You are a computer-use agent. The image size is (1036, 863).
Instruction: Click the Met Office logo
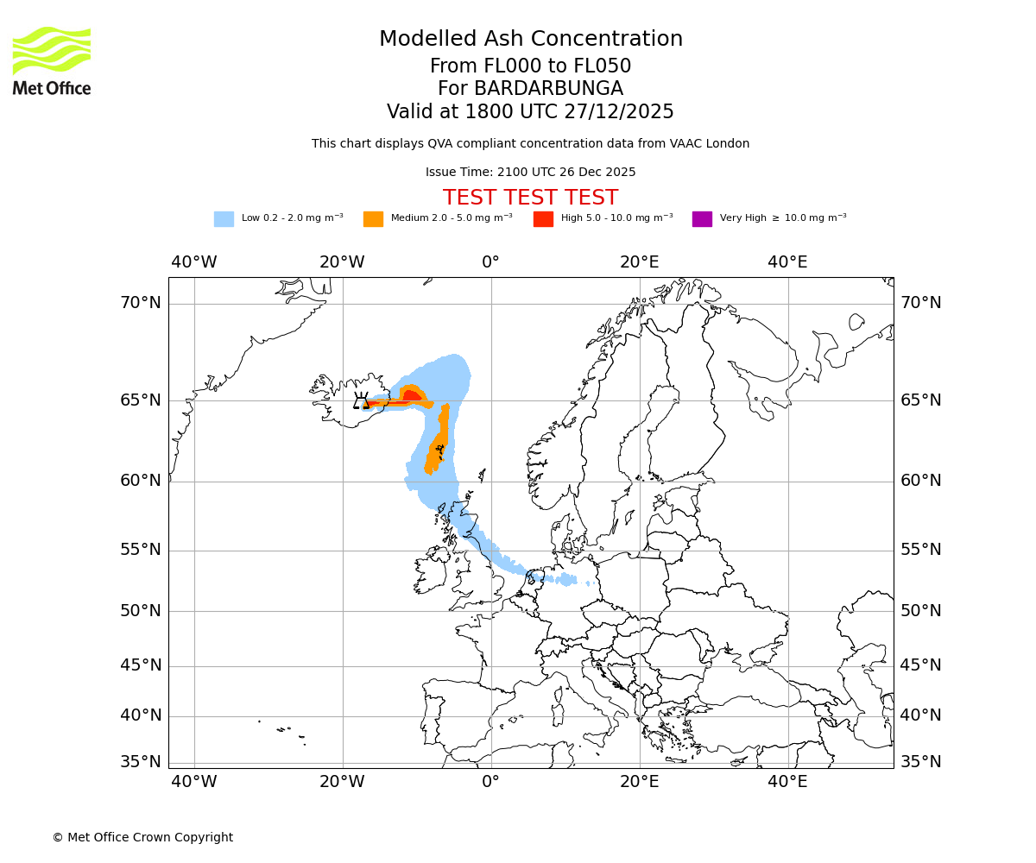point(52,60)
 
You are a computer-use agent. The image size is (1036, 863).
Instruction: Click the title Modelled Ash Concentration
point(530,39)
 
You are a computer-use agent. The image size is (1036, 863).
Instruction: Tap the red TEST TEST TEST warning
point(530,198)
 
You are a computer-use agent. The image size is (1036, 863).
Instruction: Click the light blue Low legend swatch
point(224,219)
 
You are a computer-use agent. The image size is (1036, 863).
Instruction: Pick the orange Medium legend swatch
point(373,219)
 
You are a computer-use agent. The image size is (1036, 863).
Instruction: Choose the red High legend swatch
point(543,219)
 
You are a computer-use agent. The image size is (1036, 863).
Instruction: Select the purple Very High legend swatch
point(702,219)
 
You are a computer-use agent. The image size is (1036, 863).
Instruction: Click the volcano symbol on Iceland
point(361,401)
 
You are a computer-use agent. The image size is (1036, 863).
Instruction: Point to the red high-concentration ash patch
point(411,396)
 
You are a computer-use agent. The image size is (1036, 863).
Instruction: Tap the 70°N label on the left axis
point(140,303)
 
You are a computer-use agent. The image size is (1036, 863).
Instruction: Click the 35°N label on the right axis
point(920,762)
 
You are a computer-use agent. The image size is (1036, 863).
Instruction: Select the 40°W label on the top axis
point(193,262)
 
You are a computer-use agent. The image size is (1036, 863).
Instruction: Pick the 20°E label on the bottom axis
point(639,783)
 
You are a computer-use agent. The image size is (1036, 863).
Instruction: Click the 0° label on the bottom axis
point(490,783)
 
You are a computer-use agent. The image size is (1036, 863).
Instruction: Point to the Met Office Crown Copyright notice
point(142,837)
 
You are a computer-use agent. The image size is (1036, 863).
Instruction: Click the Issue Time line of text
point(530,172)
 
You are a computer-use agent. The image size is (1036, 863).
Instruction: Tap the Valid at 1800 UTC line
point(530,112)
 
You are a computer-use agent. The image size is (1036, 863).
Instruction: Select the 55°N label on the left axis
point(140,550)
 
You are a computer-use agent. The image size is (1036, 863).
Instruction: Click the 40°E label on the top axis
point(787,262)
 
